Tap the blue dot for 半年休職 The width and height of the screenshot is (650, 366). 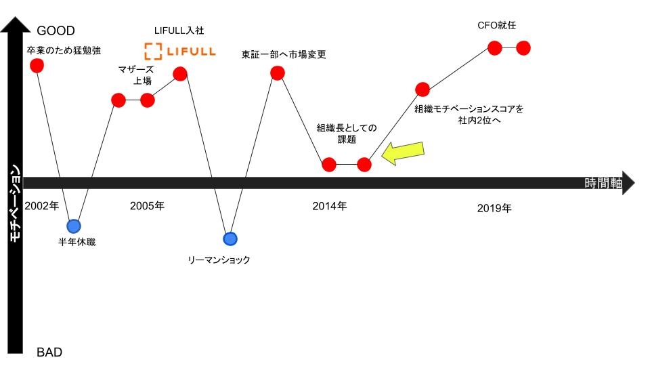tap(74, 226)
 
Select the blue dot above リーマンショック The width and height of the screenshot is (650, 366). tap(230, 239)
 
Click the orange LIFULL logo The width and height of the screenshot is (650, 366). tap(180, 52)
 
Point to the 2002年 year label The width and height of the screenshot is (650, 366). tap(42, 206)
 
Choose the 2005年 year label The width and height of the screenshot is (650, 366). tap(147, 206)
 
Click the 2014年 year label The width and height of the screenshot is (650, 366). tap(330, 206)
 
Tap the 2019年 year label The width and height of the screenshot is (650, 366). tap(494, 208)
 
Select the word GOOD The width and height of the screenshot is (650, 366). tap(56, 30)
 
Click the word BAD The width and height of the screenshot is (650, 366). tap(49, 352)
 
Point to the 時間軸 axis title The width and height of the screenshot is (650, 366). tap(603, 183)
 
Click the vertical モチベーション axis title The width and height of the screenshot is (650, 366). tap(15, 203)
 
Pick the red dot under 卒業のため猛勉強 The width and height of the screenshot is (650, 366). tap(37, 66)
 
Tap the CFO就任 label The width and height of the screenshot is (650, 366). tap(496, 25)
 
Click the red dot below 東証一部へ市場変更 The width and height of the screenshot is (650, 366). tap(278, 73)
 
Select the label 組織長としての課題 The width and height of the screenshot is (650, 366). tap(347, 134)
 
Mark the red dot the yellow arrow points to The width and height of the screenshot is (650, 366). tap(364, 165)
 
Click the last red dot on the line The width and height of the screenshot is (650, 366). tap(523, 48)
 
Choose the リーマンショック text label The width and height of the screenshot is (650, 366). tap(219, 260)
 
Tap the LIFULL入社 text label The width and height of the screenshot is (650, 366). tap(179, 30)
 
